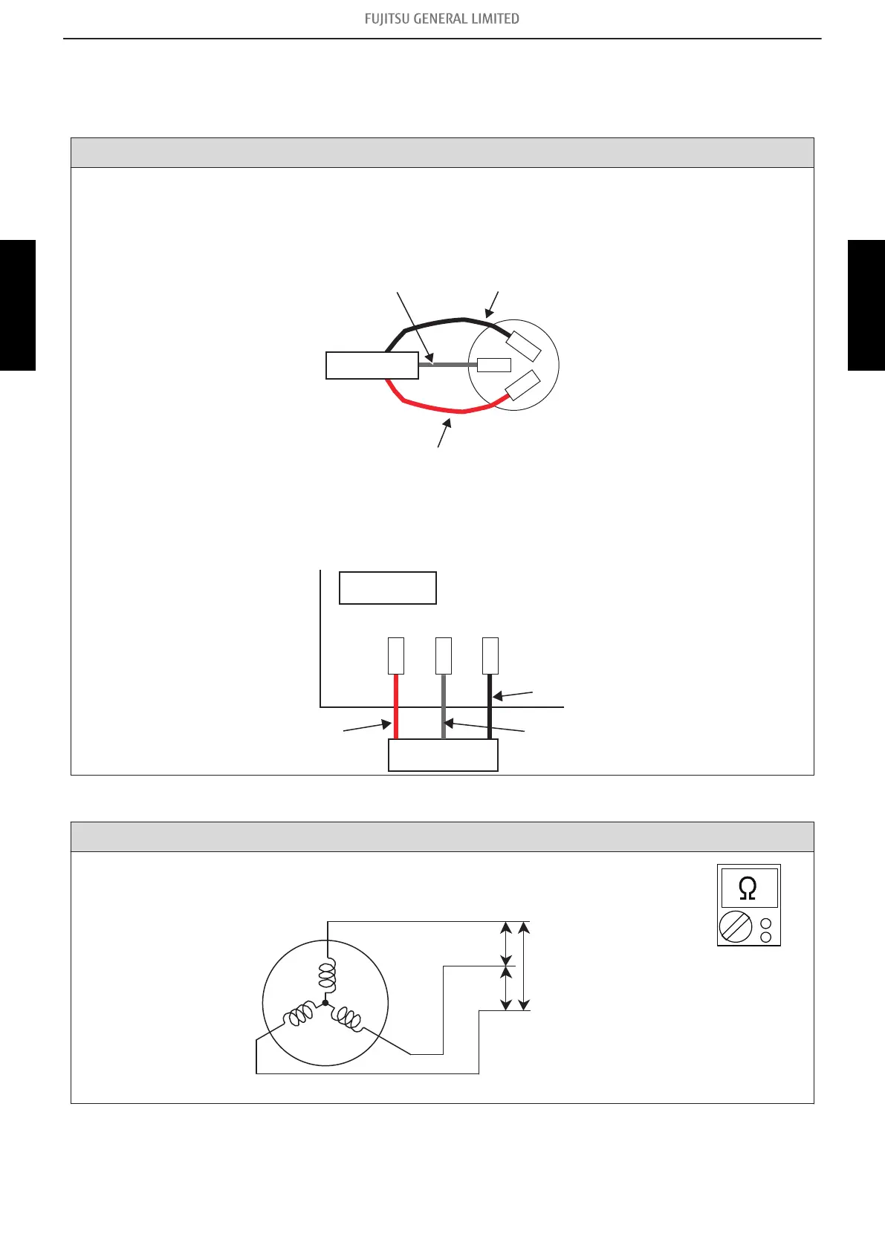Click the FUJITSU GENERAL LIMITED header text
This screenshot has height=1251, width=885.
(x=441, y=19)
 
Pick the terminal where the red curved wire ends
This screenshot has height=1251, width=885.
(x=522, y=386)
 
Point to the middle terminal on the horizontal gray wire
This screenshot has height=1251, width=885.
(x=493, y=365)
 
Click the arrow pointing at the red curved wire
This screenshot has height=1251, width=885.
(x=444, y=433)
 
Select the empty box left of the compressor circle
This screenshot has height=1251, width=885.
(x=372, y=365)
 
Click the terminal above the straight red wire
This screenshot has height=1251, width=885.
(x=396, y=655)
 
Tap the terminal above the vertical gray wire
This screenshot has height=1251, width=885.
(x=443, y=655)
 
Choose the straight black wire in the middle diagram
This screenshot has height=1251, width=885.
(x=490, y=706)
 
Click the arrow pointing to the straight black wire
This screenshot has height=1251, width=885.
(x=513, y=695)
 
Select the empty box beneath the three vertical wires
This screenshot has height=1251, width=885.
(x=443, y=756)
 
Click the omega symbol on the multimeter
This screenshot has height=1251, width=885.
(x=748, y=888)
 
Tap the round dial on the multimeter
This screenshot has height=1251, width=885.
(x=736, y=928)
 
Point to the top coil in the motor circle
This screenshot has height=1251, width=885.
(x=327, y=972)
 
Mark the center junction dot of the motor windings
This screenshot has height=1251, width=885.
(x=325, y=1003)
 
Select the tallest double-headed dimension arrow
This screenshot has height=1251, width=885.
(x=524, y=966)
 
